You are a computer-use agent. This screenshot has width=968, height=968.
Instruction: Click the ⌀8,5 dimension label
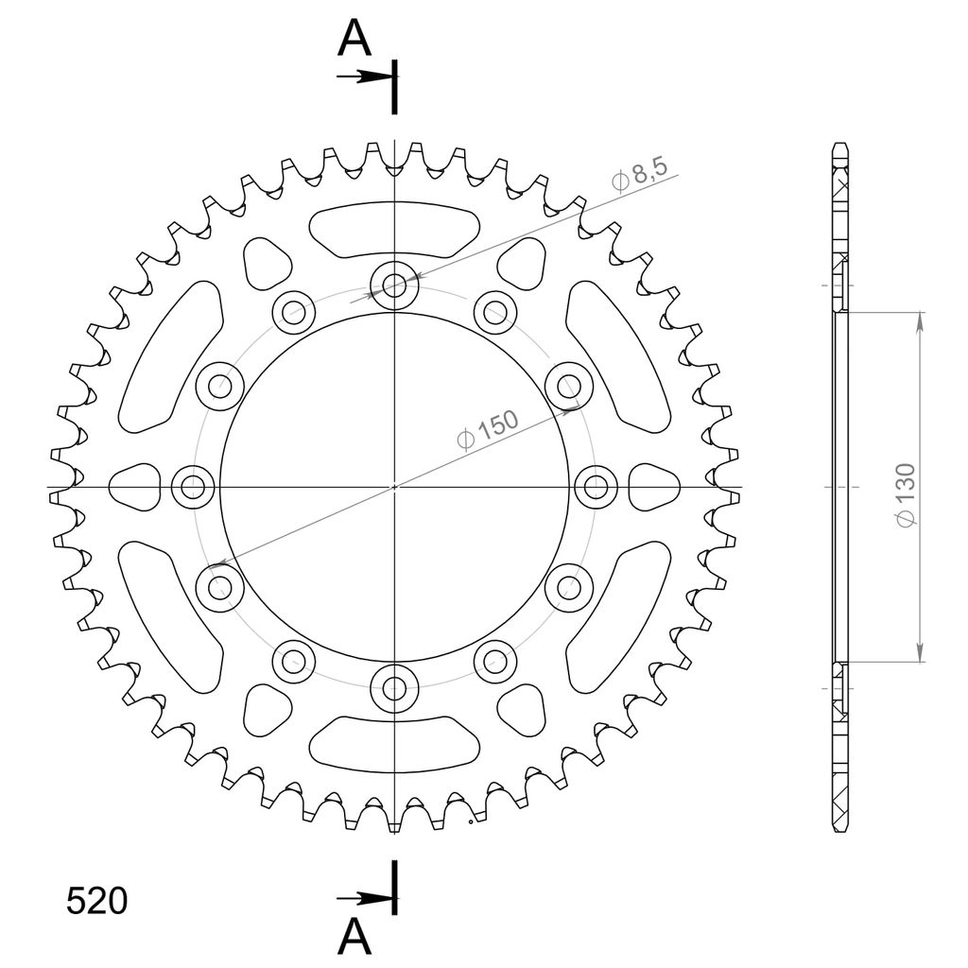click(640, 174)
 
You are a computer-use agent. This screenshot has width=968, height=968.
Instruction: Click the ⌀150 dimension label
click(487, 430)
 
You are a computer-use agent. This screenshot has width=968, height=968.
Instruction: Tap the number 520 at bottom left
click(96, 901)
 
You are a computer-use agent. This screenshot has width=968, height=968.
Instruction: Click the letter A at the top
click(354, 38)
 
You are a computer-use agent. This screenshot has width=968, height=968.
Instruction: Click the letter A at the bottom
click(354, 937)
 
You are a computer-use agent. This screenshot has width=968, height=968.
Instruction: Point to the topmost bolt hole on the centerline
click(394, 285)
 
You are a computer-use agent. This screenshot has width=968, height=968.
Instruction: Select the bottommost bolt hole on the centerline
click(394, 688)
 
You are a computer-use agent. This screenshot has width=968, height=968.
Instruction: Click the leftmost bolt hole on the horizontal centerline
click(193, 487)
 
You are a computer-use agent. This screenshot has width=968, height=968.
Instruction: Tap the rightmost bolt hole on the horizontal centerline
click(596, 487)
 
